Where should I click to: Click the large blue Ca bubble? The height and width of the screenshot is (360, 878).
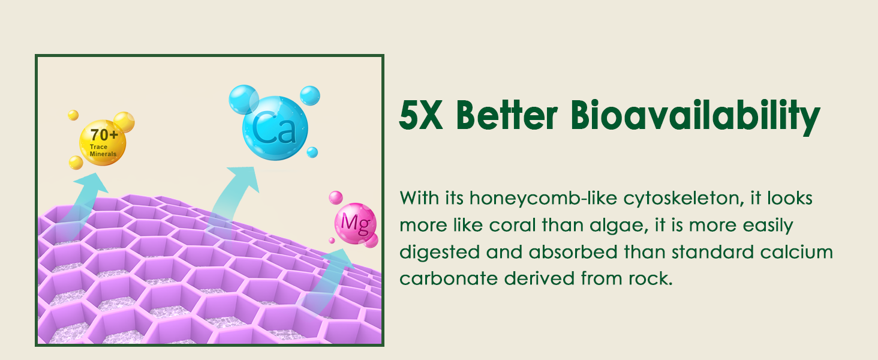pyautogui.click(x=275, y=128)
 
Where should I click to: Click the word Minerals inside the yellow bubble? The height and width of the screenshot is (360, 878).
pyautogui.click(x=103, y=154)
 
